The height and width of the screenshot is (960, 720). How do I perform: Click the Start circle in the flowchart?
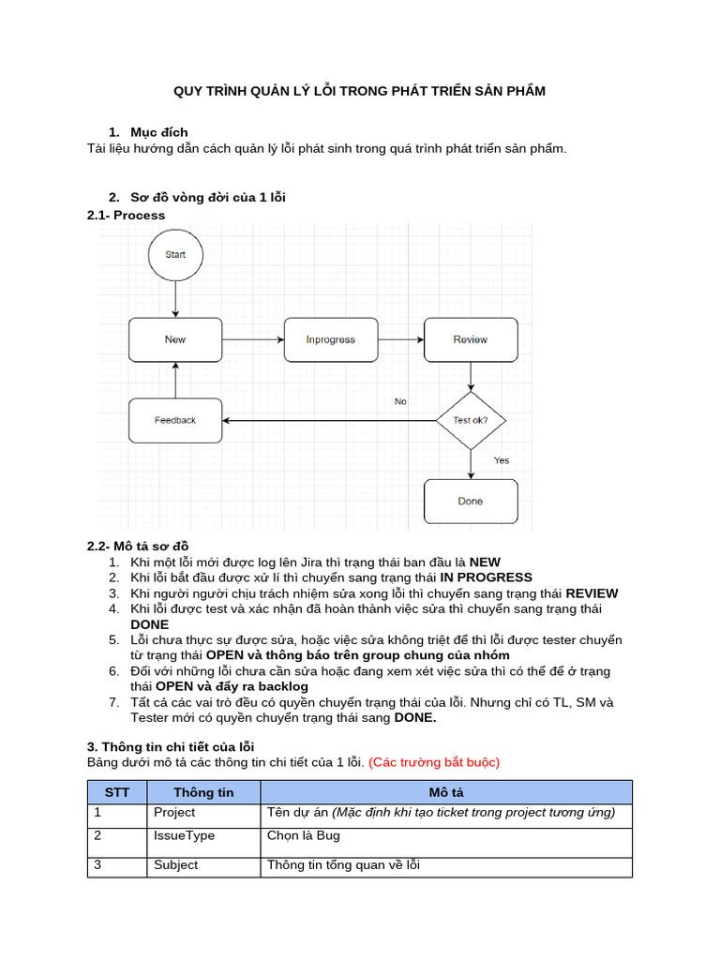click(175, 254)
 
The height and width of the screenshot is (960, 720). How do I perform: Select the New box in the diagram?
click(175, 339)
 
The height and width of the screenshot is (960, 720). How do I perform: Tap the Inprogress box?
click(330, 339)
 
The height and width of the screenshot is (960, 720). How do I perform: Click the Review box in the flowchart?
click(470, 339)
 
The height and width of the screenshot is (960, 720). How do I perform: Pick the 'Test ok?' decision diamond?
click(470, 420)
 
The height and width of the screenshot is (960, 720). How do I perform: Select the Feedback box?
click(175, 420)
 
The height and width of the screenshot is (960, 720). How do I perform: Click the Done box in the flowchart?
click(470, 501)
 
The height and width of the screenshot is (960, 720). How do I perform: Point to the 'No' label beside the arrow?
click(400, 401)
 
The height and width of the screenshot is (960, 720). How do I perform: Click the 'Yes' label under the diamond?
click(502, 460)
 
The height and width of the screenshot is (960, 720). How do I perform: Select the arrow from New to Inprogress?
click(252, 339)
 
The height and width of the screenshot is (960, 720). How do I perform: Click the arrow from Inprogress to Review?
click(400, 339)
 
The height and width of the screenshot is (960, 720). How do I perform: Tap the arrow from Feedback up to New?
click(175, 380)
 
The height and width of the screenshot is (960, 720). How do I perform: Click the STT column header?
click(117, 792)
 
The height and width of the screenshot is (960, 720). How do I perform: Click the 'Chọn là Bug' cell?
click(303, 835)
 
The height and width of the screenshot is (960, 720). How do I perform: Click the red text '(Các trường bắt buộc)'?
click(434, 762)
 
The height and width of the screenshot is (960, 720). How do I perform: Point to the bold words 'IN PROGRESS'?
click(486, 577)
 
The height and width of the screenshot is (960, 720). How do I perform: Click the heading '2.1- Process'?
click(126, 215)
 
